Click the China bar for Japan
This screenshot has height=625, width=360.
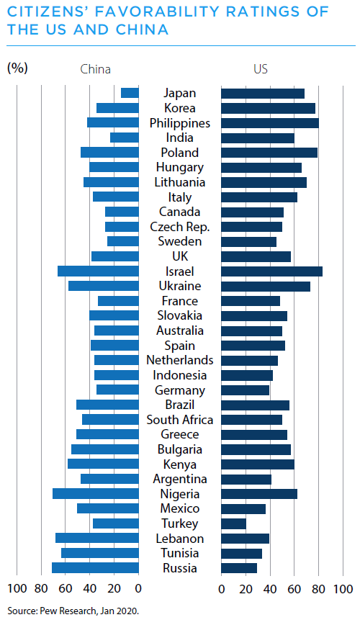pos(130,93)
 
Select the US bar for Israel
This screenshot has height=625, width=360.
pos(272,271)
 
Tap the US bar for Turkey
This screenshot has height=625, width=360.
pos(233,523)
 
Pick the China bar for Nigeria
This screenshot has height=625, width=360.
pos(96,493)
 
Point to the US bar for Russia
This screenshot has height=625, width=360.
pos(239,568)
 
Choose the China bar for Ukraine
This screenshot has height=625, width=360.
pos(104,286)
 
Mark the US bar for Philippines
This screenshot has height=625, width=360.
pos(270,122)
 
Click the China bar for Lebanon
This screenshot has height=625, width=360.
pos(97,538)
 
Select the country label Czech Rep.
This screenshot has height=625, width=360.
pos(180,227)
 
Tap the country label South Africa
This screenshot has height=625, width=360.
pos(180,420)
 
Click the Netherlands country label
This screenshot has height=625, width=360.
pos(180,360)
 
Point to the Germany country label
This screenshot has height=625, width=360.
pos(180,390)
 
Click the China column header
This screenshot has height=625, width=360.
pos(95,69)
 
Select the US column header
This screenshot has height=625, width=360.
pos(261,69)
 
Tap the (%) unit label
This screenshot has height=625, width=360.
pos(17,68)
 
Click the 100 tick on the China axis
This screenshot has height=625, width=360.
pos(17,588)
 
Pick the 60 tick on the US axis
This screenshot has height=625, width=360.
pos(294,589)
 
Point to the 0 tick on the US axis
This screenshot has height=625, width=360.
pos(222,589)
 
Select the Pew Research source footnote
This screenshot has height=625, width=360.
pos(73,611)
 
